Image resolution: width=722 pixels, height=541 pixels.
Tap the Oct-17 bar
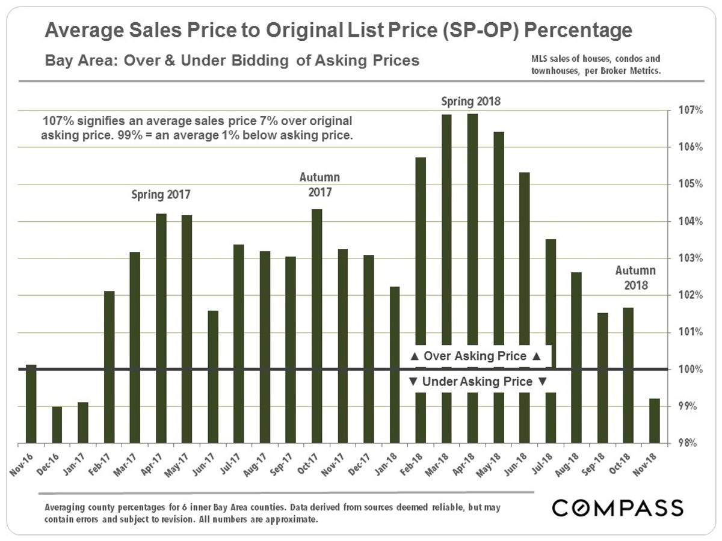316,325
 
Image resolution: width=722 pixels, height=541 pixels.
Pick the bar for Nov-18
655,421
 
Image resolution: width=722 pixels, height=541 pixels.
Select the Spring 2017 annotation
160,195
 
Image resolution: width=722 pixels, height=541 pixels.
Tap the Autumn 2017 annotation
319,185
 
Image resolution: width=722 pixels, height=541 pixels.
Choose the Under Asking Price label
478,382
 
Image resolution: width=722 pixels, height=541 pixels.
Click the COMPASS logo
617,507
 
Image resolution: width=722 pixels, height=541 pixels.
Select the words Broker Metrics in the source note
629,70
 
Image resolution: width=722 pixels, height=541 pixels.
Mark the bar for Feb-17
109,367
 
